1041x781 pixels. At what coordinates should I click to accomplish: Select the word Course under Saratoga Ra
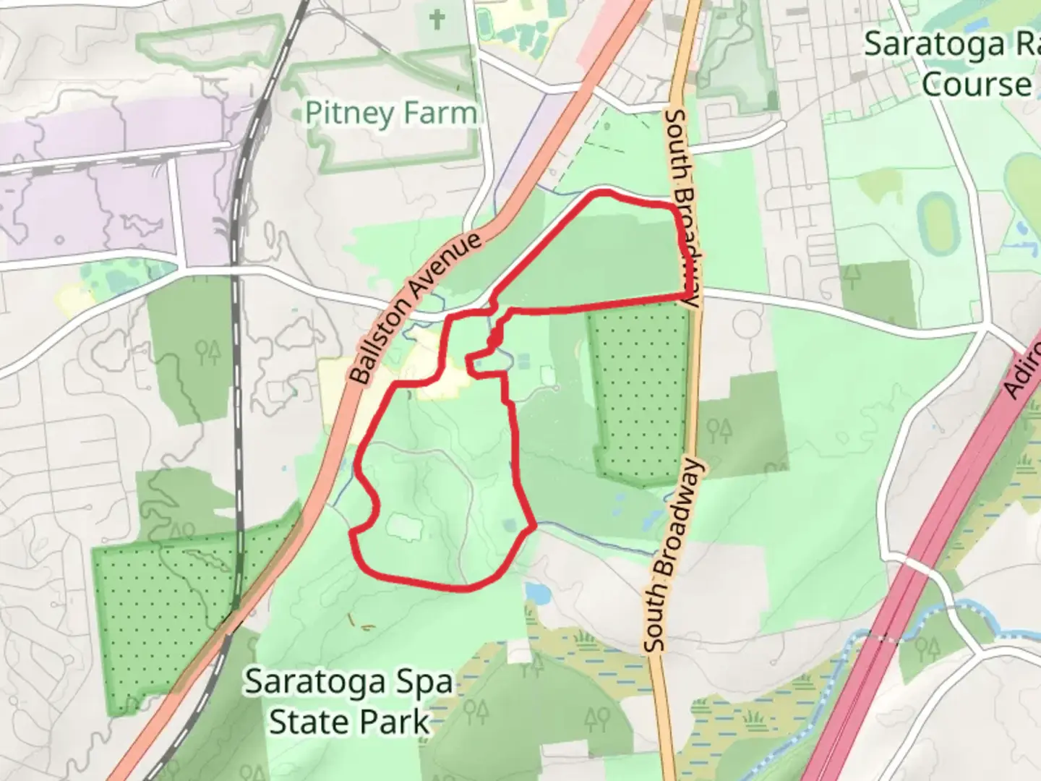coord(976,85)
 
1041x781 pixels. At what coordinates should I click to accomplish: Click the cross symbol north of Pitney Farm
coord(437,20)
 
